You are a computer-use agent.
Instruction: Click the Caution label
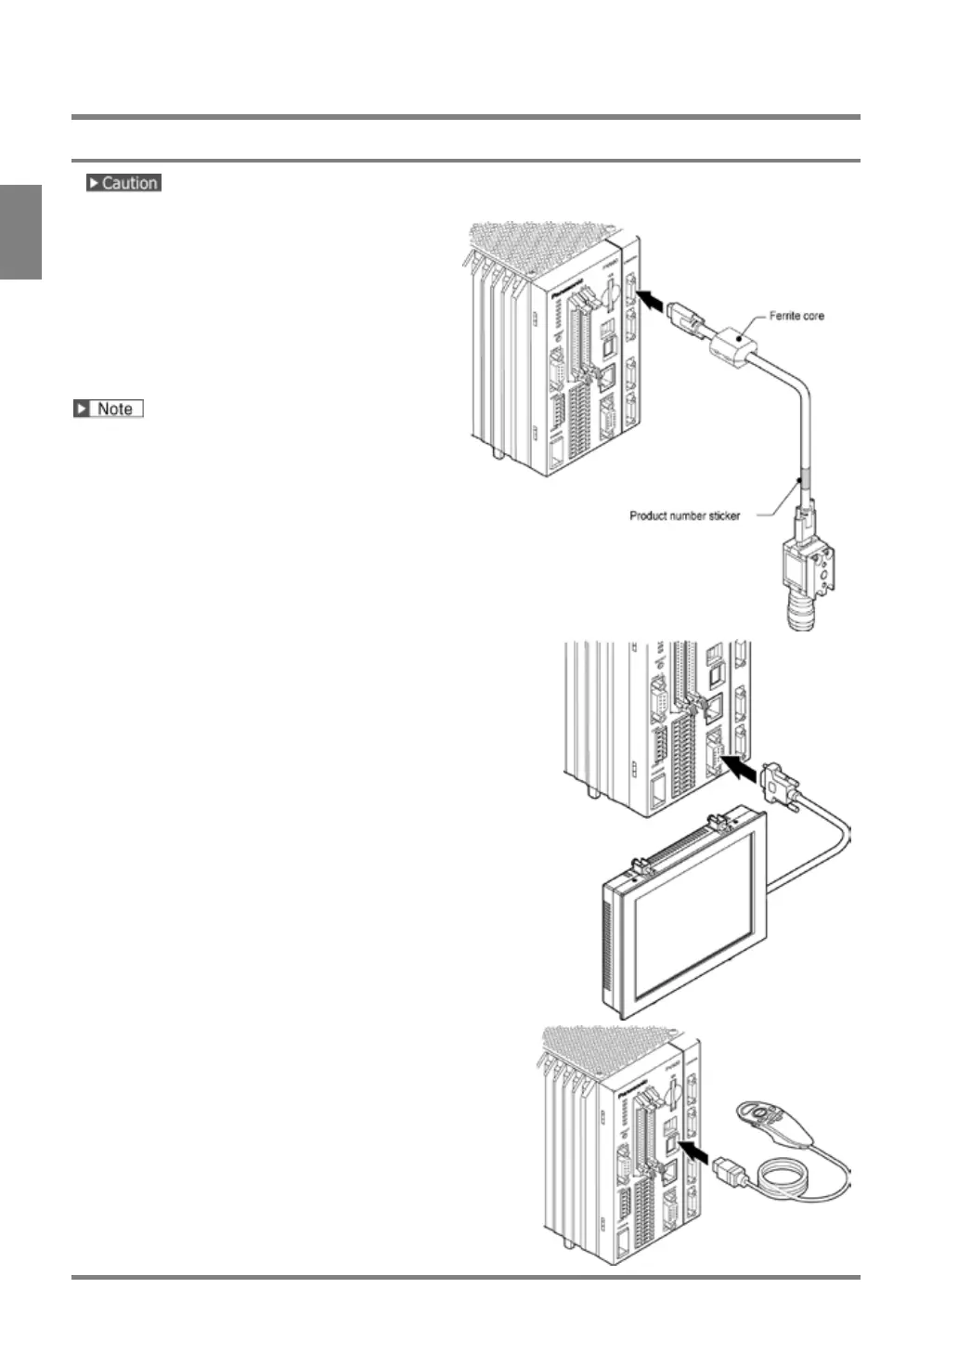pos(123,183)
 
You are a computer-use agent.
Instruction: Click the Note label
pos(109,409)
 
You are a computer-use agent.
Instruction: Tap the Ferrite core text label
pos(796,317)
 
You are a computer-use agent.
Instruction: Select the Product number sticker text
pos(684,515)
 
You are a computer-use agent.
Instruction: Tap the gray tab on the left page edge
pos(20,231)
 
